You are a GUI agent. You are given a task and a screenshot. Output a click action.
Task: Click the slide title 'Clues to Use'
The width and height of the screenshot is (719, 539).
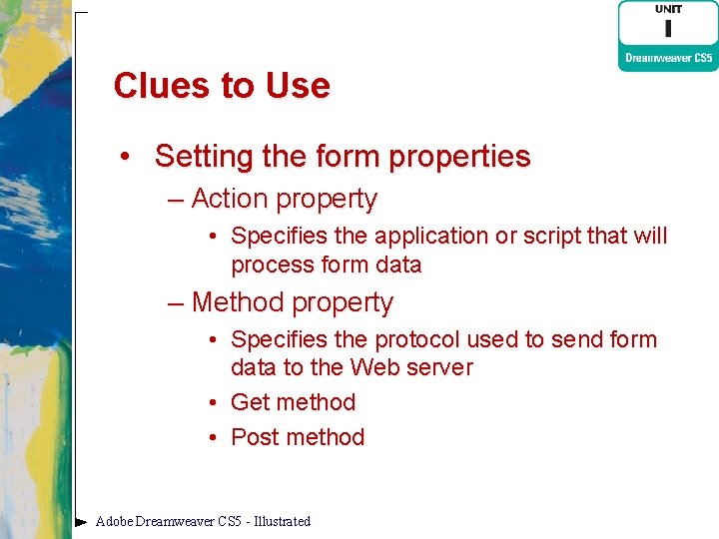[x=221, y=86]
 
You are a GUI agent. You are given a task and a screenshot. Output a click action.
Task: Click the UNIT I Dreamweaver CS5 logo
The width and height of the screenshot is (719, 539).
[x=667, y=35]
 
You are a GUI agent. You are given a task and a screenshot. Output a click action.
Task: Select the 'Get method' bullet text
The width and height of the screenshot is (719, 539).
[x=293, y=402]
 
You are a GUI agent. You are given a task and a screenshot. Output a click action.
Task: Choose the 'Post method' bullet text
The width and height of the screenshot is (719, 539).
[x=298, y=437]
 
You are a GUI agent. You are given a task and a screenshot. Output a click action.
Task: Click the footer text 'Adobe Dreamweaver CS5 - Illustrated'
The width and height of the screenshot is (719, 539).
[x=203, y=521]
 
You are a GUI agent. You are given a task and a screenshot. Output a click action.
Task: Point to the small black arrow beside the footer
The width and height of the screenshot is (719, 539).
[x=81, y=521]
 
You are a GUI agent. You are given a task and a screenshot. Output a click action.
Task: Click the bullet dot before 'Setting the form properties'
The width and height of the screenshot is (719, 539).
[x=124, y=158]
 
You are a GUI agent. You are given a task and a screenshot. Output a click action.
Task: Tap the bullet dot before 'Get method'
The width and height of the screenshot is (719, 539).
[x=215, y=403]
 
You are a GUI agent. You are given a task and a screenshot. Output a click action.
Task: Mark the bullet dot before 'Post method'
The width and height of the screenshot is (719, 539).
[x=215, y=438]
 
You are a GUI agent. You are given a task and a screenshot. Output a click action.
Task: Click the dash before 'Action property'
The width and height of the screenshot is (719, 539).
[x=176, y=200]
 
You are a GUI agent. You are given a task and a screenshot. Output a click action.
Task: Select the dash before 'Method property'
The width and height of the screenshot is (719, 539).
[x=176, y=302]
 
